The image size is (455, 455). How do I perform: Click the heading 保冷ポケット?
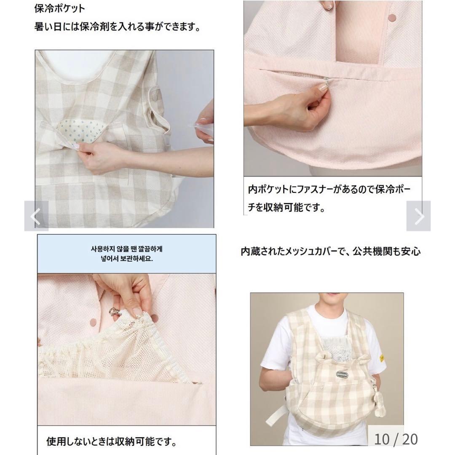tap(59, 8)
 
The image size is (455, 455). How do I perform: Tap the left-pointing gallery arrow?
tap(36, 216)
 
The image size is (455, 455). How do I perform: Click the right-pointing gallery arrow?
tap(418, 216)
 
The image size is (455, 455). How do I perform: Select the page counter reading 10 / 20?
tap(396, 439)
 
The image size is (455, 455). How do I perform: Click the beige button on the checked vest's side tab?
tap(154, 98)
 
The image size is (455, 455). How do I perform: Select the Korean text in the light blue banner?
tap(127, 254)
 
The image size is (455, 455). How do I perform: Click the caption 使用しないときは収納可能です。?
tap(111, 442)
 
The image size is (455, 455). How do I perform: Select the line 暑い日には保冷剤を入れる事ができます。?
tap(117, 27)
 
